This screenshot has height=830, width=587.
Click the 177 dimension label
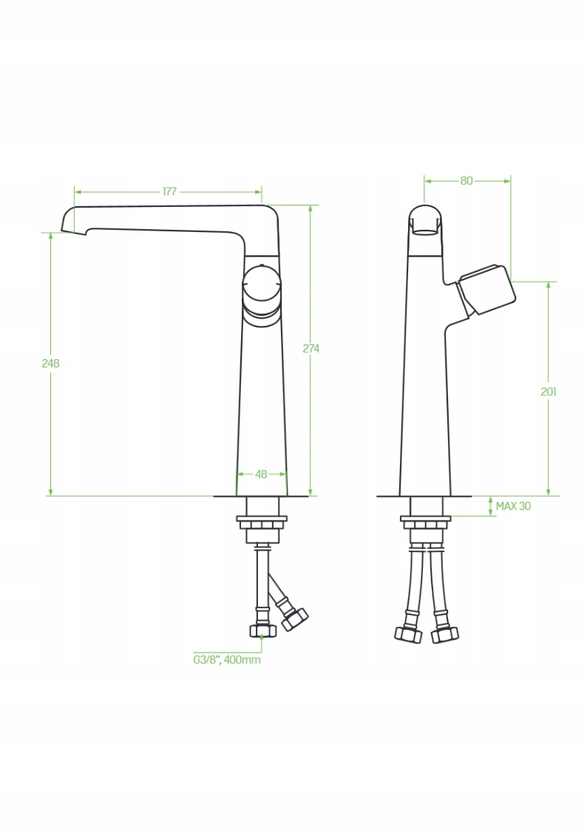click(169, 191)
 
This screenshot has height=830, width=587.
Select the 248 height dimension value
click(51, 363)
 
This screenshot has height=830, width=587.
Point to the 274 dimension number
click(311, 348)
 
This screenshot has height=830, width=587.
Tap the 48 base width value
click(261, 474)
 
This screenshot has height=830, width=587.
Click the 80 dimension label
click(466, 181)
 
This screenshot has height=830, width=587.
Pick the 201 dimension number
click(549, 392)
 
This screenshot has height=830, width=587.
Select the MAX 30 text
click(513, 506)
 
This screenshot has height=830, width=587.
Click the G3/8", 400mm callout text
click(226, 660)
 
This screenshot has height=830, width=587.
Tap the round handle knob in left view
click(261, 286)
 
